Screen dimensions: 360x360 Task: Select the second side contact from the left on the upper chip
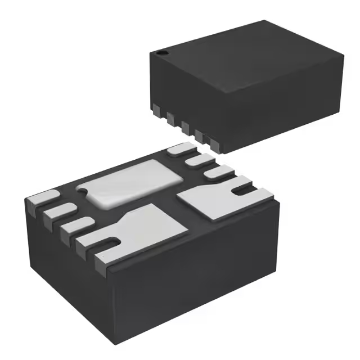coord(170,116)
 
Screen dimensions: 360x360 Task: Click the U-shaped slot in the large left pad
coord(112,244)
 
